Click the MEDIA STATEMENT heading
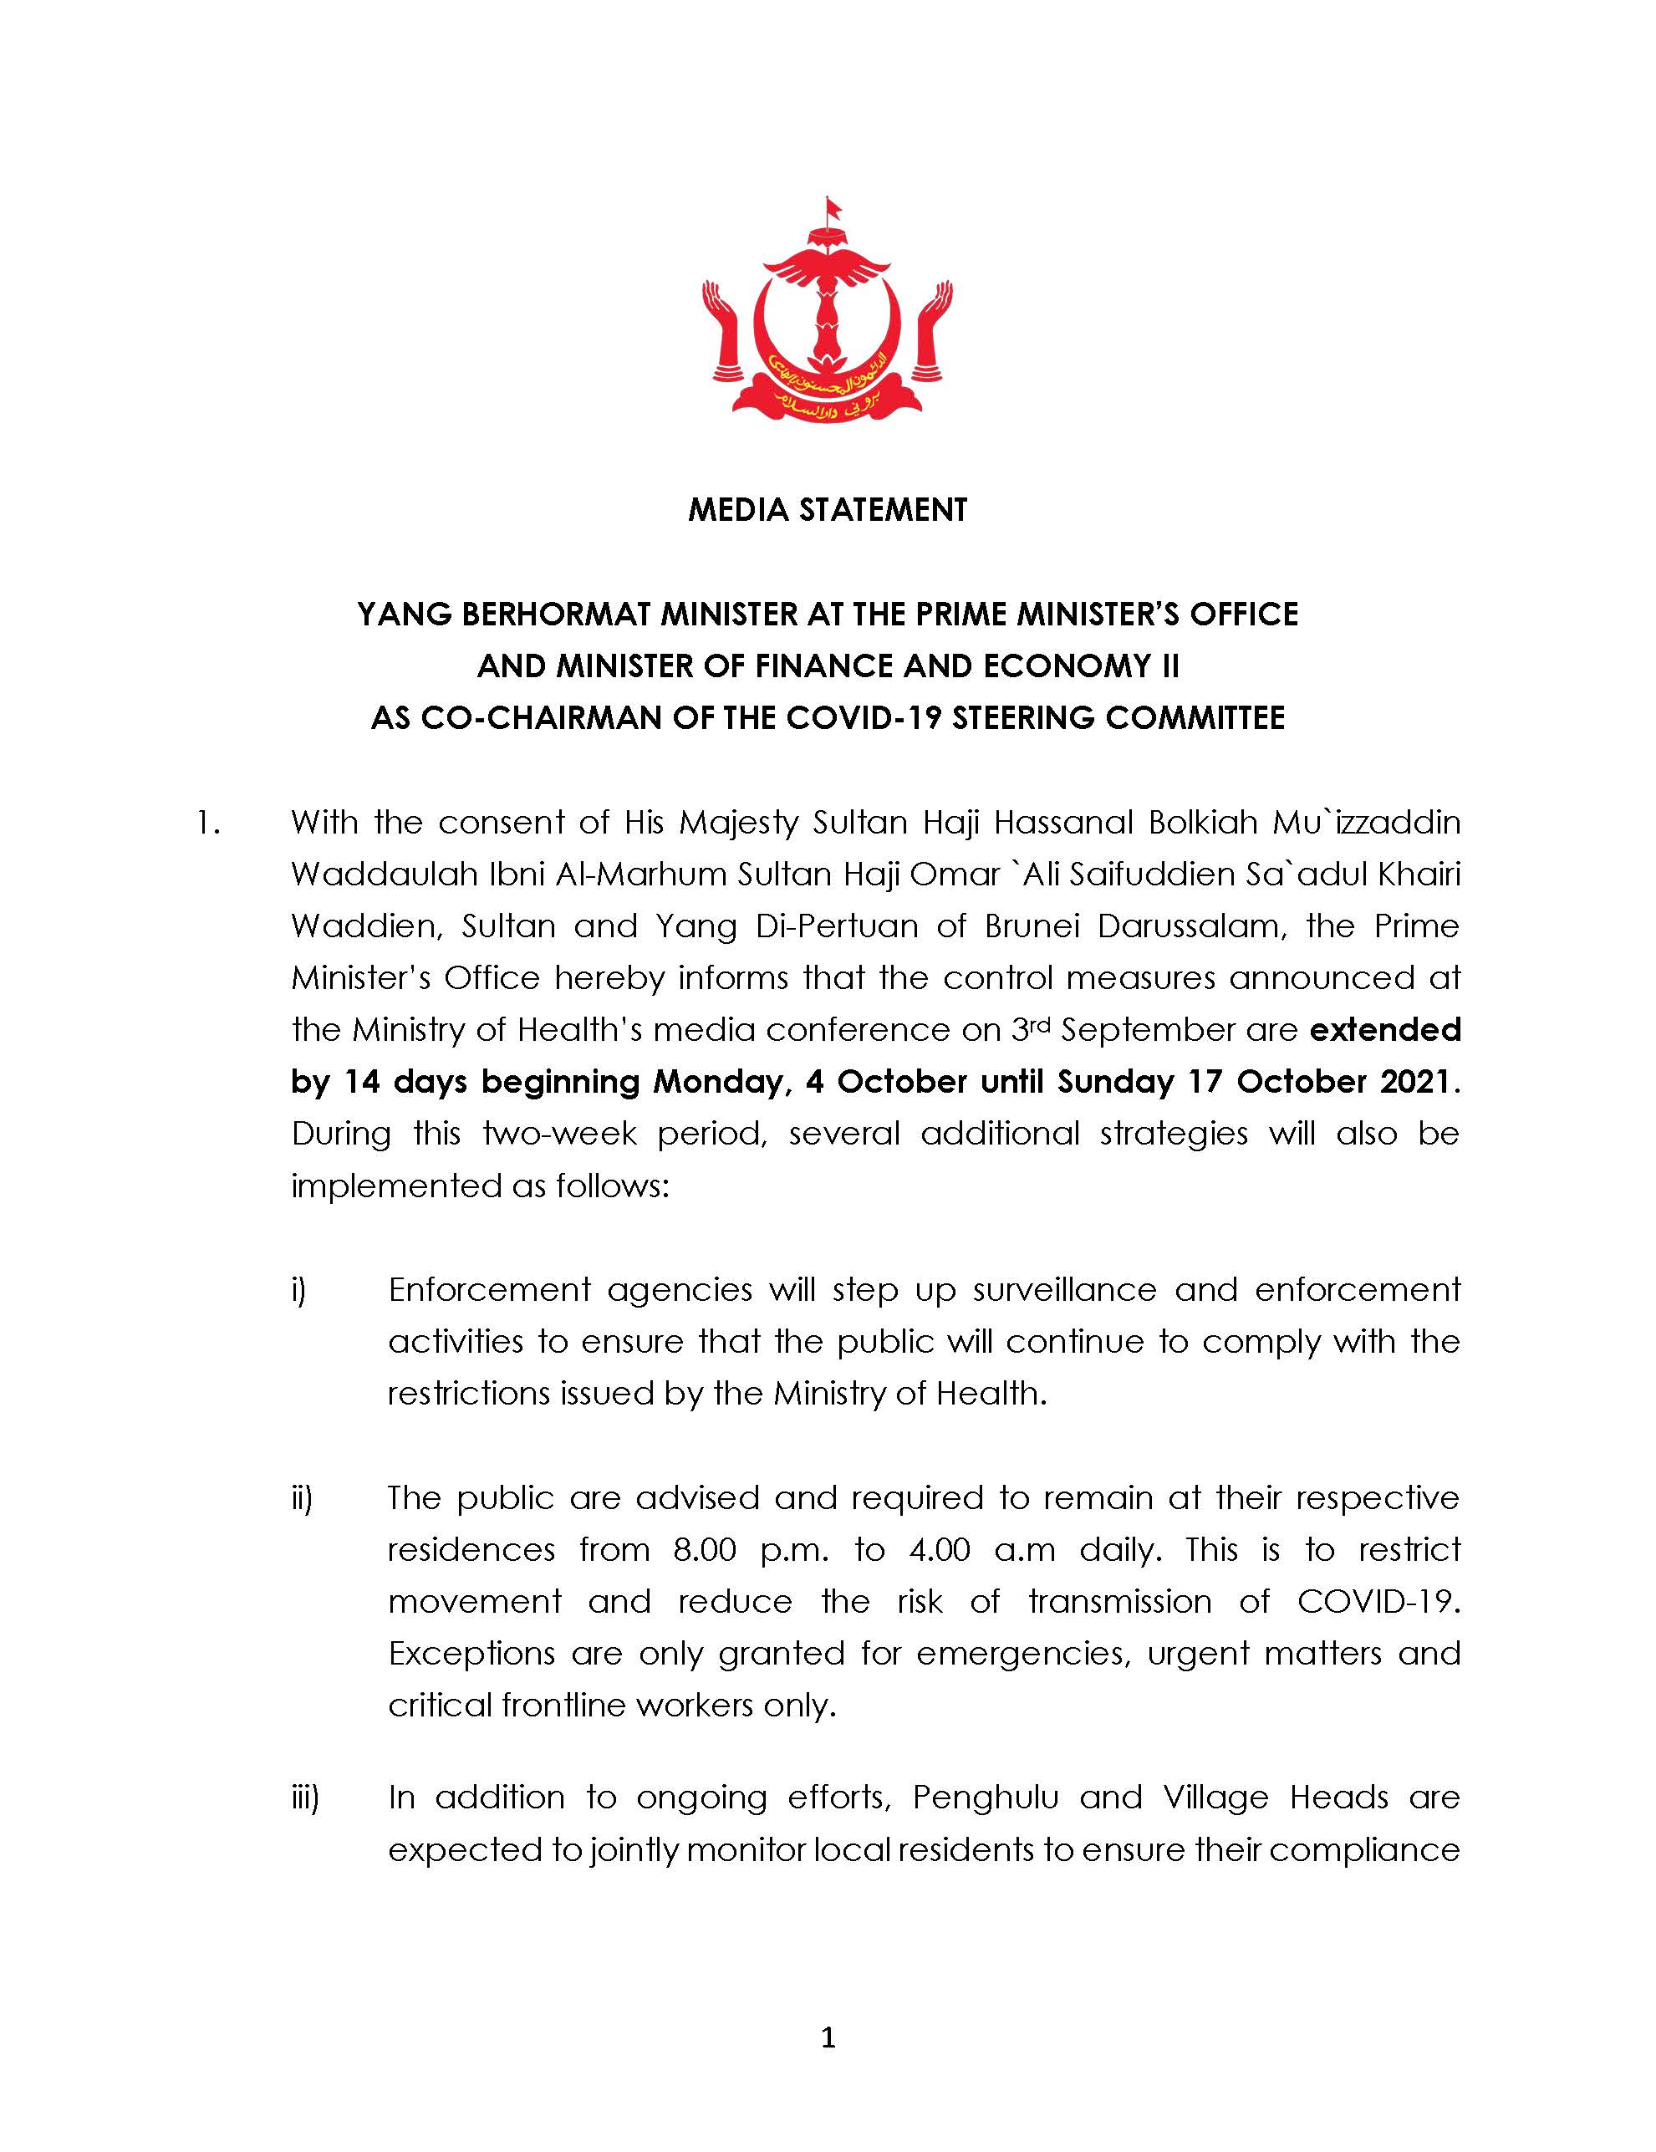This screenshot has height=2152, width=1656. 828,510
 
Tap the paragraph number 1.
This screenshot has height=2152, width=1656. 208,823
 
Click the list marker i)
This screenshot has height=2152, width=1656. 298,1290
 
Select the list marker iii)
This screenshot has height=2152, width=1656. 303,1798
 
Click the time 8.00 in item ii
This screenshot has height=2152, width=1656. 705,1550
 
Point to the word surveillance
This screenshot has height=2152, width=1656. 1064,1290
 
